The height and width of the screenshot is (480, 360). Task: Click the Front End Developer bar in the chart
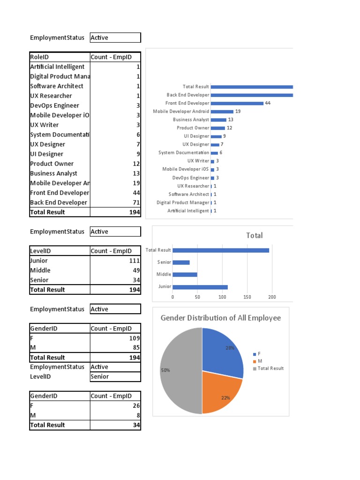(237, 103)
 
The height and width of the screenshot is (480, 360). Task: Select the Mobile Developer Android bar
(222, 112)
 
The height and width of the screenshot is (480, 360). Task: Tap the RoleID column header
(39, 57)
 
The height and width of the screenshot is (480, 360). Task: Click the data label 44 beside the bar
(268, 103)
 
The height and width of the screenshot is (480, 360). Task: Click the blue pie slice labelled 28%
(223, 352)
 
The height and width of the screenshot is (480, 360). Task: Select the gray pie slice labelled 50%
(180, 370)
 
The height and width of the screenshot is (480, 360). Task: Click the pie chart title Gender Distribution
(221, 318)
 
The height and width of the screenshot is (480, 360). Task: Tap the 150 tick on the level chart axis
(247, 297)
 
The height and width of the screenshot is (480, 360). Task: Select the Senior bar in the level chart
(181, 262)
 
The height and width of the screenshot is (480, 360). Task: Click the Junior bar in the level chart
(200, 287)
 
